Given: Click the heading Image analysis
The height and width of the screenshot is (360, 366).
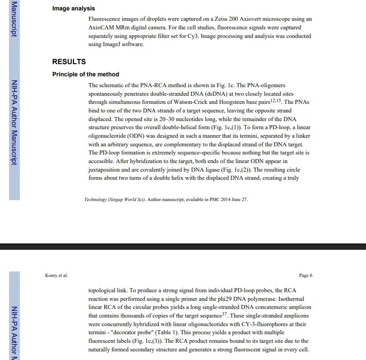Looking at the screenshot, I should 74,9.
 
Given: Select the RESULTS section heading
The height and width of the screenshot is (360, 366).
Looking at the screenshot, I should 69,62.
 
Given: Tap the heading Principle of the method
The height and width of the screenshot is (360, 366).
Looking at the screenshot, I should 86,75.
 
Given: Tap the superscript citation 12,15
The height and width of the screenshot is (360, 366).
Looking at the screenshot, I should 275,100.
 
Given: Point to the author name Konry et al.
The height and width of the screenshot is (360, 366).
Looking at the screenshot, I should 56,276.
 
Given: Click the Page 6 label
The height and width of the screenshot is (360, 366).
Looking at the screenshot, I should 306,276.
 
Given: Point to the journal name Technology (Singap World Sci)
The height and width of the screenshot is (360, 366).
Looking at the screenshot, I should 115,200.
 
